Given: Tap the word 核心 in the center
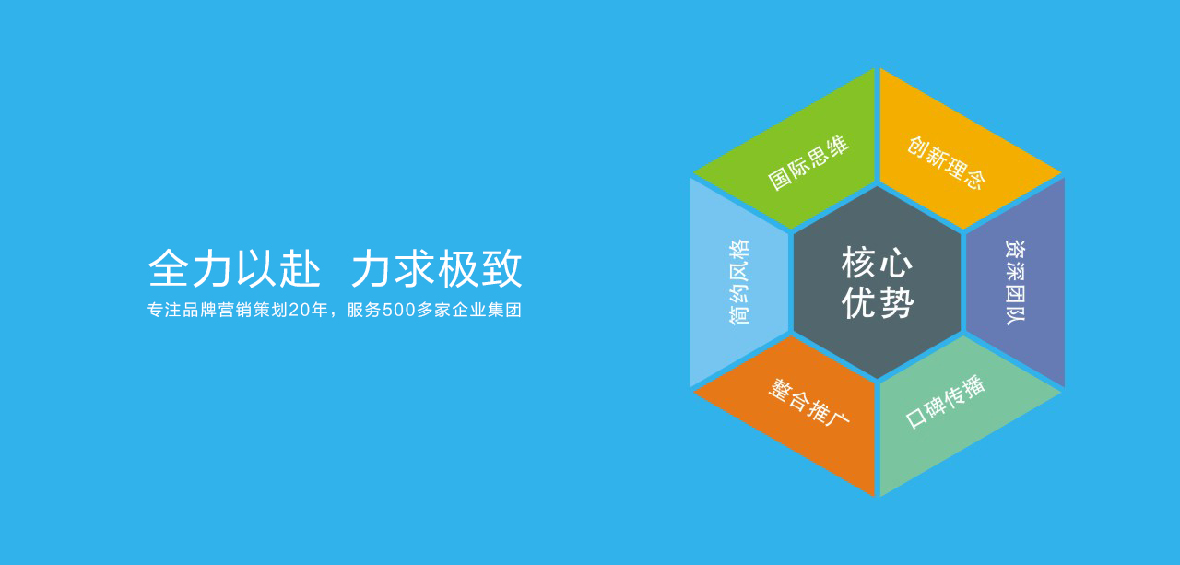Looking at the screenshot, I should (x=878, y=264).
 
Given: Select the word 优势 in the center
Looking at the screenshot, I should (x=878, y=302).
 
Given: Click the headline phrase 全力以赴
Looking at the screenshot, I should (x=234, y=268).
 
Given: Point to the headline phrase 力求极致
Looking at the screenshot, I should (x=436, y=268).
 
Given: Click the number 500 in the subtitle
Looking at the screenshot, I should (x=397, y=311).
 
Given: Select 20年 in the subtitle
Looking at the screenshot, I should (x=308, y=311).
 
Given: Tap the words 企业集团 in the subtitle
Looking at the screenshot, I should (x=488, y=311).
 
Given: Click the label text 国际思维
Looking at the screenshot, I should (x=808, y=163).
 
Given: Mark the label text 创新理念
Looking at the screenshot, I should (x=946, y=162).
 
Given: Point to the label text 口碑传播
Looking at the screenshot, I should (x=946, y=402).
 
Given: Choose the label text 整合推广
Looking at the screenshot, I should (x=808, y=403).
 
